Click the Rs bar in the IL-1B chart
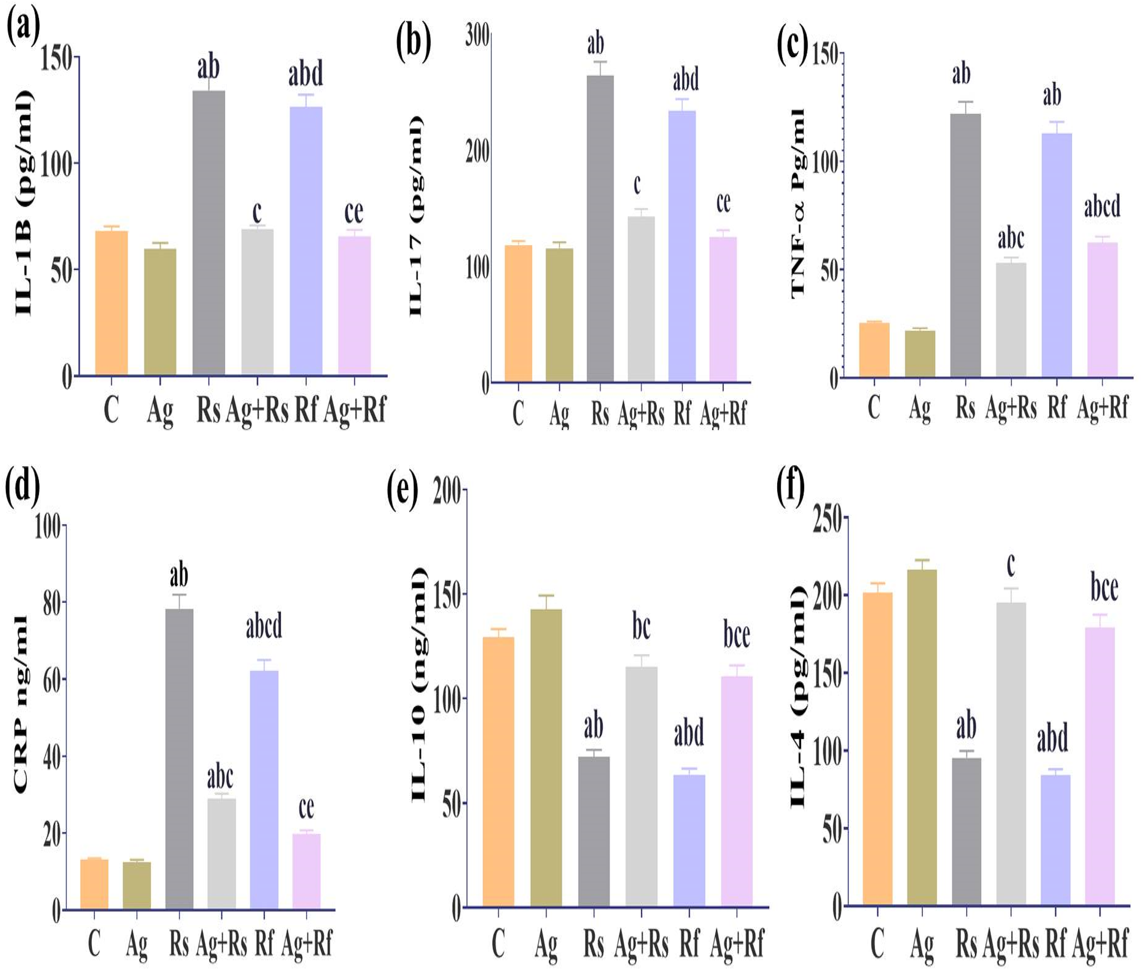[x=208, y=233]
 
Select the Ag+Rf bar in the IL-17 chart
[x=722, y=309]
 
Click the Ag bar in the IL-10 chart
[x=546, y=758]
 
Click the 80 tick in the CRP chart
[x=51, y=601]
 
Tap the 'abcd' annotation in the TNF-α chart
[x=1102, y=207]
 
